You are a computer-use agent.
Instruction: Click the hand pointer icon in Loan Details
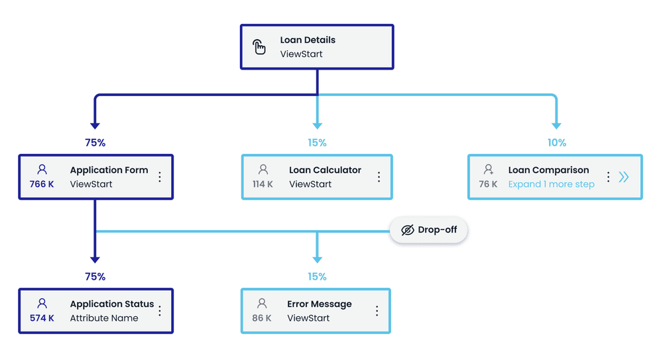pos(259,46)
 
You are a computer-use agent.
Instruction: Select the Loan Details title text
pos(308,40)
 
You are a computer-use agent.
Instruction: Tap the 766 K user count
pos(42,184)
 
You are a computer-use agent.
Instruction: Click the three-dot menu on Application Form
pos(160,177)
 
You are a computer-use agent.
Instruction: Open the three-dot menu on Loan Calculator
pos(379,177)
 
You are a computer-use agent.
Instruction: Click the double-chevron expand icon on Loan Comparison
pos(624,177)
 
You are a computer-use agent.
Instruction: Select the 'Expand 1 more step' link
pos(551,184)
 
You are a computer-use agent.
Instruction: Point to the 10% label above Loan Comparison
pos(556,143)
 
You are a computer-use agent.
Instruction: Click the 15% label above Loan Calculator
pos(317,143)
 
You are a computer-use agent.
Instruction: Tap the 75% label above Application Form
pos(95,143)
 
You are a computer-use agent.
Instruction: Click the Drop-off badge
pos(428,230)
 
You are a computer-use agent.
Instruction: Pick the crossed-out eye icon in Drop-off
pos(408,230)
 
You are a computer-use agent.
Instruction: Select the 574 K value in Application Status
pos(42,318)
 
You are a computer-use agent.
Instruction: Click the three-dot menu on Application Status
pos(160,311)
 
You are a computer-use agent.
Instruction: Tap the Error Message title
pos(319,304)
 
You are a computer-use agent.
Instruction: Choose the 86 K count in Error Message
pos(262,318)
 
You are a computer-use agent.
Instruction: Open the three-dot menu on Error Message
pos(377,311)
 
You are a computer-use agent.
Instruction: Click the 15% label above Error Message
pos(317,276)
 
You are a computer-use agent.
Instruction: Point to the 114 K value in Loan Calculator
pos(263,184)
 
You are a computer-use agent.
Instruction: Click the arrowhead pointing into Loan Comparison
pos(556,125)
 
